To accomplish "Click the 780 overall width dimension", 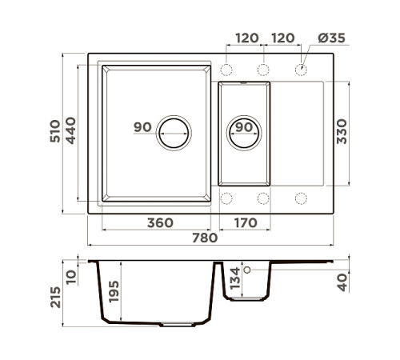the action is pyautogui.click(x=205, y=238).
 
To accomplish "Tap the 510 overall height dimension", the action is pyautogui.click(x=55, y=131).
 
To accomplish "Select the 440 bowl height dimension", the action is pyautogui.click(x=70, y=130).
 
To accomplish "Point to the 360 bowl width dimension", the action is pyautogui.click(x=160, y=222).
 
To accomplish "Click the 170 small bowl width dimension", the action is pyautogui.click(x=246, y=222).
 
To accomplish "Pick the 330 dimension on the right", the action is pyautogui.click(x=342, y=131).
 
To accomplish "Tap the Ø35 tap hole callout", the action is pyautogui.click(x=332, y=38).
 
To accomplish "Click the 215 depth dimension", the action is pyautogui.click(x=55, y=297).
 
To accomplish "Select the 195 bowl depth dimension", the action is pyautogui.click(x=114, y=291).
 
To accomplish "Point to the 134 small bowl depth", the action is pyautogui.click(x=235, y=278).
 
